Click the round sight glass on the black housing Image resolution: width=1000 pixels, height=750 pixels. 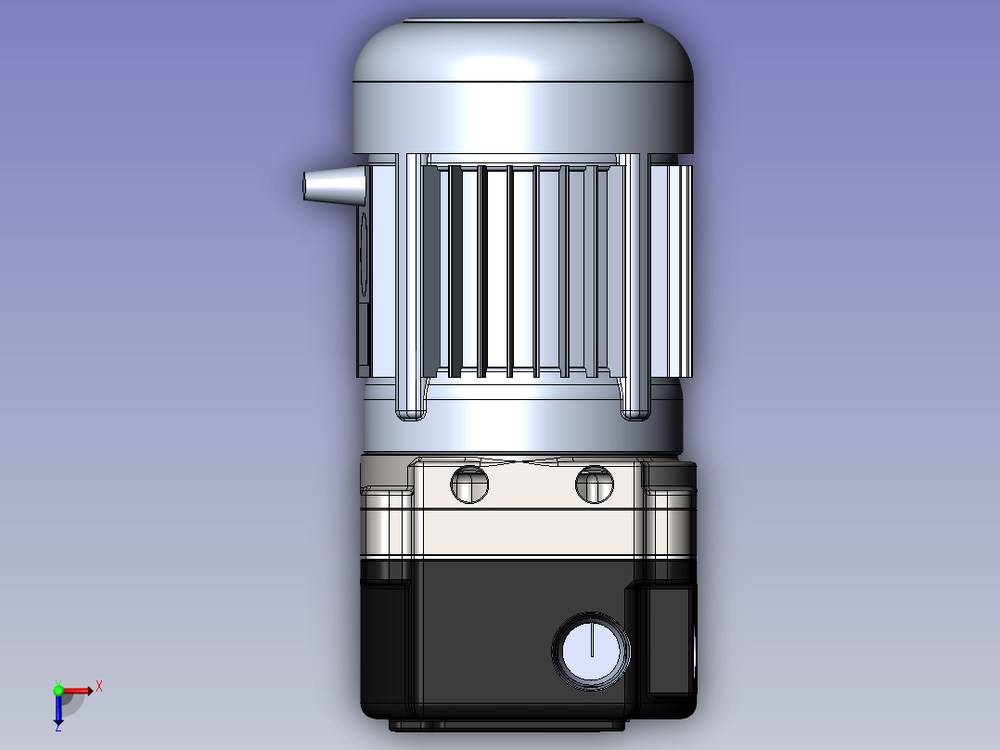pos(591,651)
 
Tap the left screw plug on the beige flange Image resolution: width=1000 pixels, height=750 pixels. pos(469,484)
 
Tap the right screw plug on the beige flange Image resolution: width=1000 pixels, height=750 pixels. pos(595,484)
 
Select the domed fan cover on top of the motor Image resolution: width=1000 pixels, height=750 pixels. pos(523,86)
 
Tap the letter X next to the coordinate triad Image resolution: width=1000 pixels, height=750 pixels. pos(99,687)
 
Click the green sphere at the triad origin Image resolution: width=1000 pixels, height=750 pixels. pos(58,691)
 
